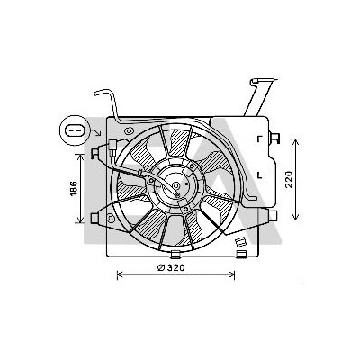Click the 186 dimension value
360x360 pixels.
coord(74,189)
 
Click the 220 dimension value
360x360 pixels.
coord(289,179)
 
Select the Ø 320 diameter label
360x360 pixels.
coord(171,268)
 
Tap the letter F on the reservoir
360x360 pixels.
coord(260,139)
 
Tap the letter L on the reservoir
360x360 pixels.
coord(260,175)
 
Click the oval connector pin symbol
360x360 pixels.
coord(73,130)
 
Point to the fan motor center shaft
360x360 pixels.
coord(176,186)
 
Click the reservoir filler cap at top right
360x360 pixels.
coord(263,80)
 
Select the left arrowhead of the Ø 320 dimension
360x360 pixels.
coord(120,274)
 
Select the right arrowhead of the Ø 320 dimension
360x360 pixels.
coord(232,274)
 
